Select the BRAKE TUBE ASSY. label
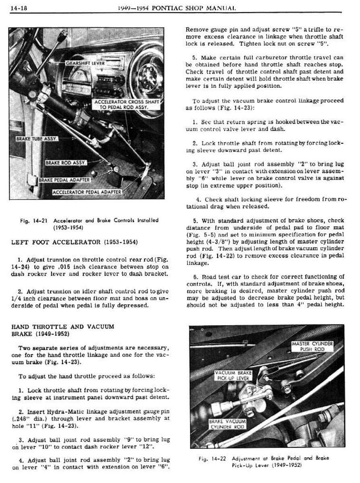(37, 139)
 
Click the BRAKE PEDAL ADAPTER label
(64, 180)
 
